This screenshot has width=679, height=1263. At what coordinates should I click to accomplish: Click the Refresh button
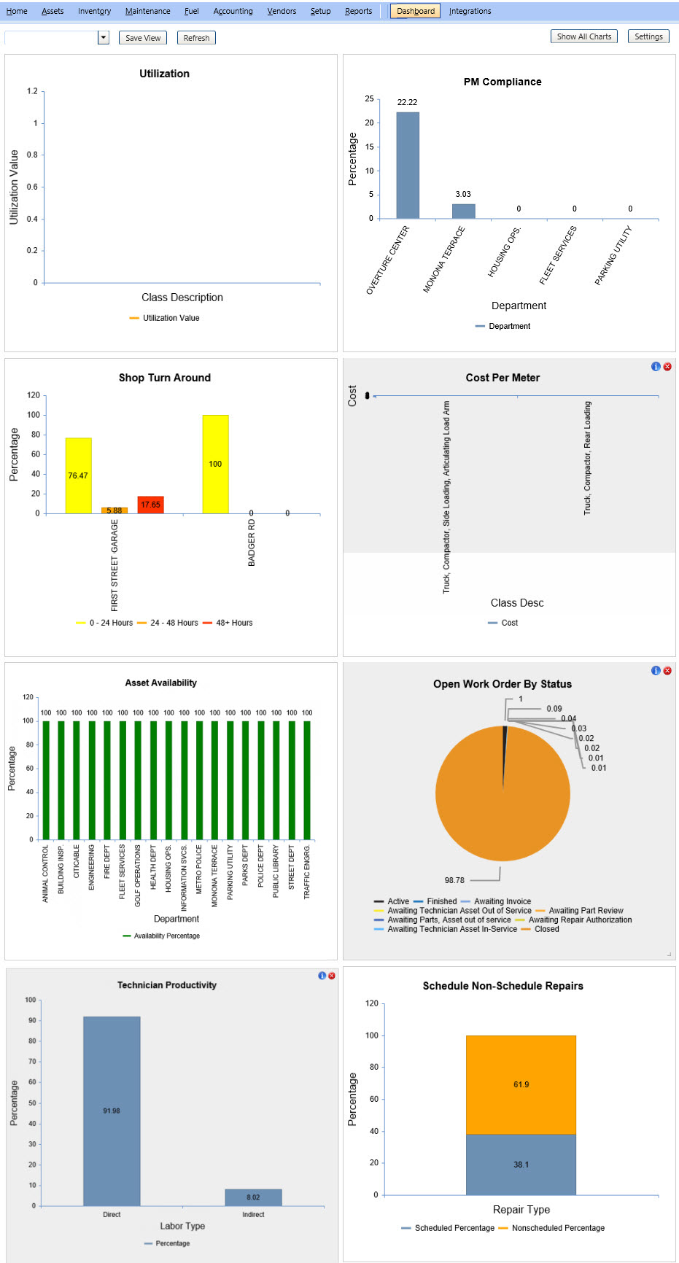196,38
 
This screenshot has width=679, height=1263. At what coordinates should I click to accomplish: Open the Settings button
648,36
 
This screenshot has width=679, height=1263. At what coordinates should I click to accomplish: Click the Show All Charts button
584,36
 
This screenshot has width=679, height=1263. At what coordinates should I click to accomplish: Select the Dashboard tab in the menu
416,11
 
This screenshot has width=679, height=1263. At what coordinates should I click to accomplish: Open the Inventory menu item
95,11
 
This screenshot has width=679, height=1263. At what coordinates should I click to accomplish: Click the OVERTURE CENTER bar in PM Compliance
408,166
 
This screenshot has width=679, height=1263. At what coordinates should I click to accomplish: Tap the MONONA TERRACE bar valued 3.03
463,211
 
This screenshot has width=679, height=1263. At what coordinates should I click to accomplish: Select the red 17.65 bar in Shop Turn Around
150,505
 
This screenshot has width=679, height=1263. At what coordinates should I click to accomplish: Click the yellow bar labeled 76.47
78,475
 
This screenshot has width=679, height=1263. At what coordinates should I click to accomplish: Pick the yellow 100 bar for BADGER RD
215,465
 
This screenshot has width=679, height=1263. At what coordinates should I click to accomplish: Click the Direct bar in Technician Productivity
112,1111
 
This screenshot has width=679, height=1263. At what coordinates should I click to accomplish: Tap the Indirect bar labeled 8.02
253,1197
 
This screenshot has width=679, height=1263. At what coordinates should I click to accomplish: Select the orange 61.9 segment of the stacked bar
521,1085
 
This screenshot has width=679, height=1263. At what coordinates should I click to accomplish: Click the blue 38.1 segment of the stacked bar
521,1165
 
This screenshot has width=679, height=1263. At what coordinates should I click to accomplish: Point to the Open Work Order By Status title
503,684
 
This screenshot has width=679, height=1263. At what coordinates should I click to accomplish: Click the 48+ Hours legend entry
228,623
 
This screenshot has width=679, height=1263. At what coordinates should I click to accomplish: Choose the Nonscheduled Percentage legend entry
551,1228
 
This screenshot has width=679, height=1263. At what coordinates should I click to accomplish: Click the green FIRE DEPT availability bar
107,780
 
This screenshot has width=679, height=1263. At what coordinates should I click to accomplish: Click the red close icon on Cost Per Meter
667,367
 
